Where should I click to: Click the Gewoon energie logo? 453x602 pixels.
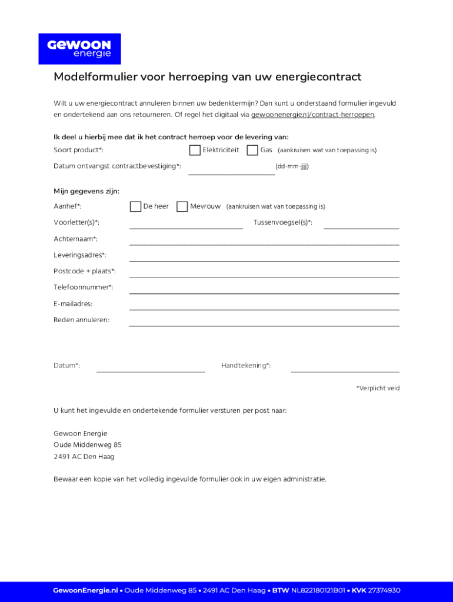pyautogui.click(x=79, y=49)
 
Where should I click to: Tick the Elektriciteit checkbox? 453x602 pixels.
pyautogui.click(x=195, y=150)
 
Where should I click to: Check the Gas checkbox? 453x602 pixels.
pyautogui.click(x=252, y=150)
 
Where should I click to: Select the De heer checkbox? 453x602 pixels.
pyautogui.click(x=135, y=206)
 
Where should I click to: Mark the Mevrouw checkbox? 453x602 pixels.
pyautogui.click(x=182, y=206)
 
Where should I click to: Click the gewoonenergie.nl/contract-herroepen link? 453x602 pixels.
pyautogui.click(x=312, y=115)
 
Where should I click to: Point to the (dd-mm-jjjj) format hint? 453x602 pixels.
pyautogui.click(x=292, y=166)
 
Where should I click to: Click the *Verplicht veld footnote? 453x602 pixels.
pyautogui.click(x=378, y=388)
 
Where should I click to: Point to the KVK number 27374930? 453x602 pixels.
pyautogui.click(x=384, y=590)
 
